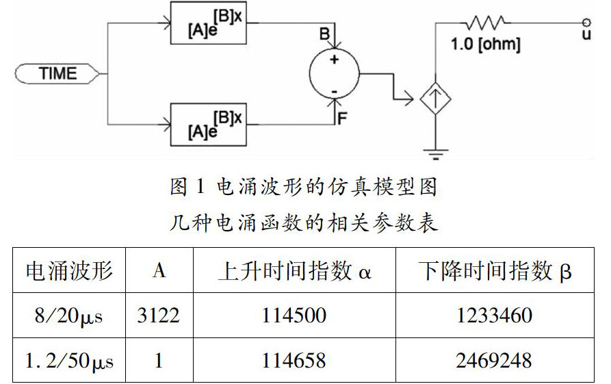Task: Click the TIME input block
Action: point(58,73)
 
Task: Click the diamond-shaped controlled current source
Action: point(434,100)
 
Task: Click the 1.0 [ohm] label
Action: point(486,45)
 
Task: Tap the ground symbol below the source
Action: point(434,152)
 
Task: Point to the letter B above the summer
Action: point(324,32)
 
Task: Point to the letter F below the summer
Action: point(343,117)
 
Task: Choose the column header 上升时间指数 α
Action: point(294,271)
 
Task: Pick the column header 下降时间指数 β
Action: point(495,271)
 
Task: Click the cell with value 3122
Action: point(159,316)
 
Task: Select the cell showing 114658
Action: point(294,360)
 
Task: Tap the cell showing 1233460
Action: point(495,316)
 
